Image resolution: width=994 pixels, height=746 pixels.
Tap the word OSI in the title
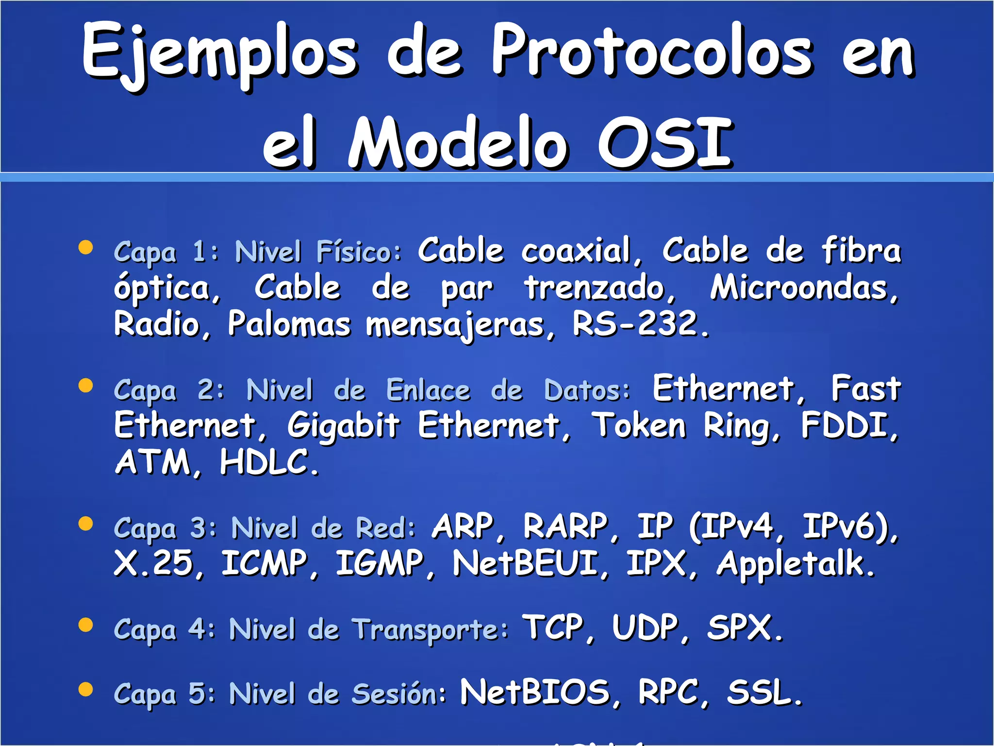[x=665, y=143]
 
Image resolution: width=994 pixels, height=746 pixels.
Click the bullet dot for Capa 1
[x=85, y=247]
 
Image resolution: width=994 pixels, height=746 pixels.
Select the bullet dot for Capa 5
[x=85, y=689]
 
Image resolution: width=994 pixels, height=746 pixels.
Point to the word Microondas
[x=803, y=288]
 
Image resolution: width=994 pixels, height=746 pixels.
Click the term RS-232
[x=640, y=324]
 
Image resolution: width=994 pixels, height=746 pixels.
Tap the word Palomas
[x=289, y=324]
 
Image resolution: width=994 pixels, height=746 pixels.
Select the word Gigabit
[x=343, y=426]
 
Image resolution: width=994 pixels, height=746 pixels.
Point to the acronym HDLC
[x=268, y=462]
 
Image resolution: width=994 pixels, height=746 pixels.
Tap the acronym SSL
[x=763, y=692]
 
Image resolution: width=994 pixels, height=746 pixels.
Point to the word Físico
[x=358, y=252]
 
